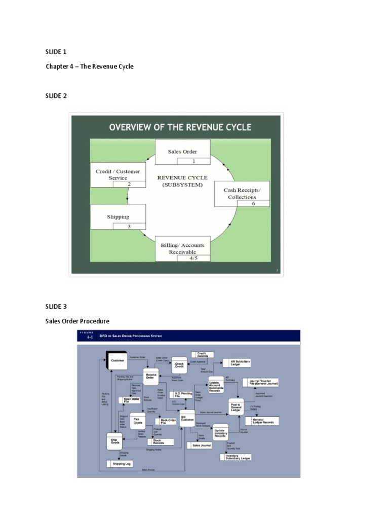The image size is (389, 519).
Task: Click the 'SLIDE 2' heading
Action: [56, 96]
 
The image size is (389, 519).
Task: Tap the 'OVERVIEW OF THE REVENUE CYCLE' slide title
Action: [180, 127]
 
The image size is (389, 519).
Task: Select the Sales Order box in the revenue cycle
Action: [182, 152]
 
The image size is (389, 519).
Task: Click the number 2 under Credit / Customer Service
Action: [129, 184]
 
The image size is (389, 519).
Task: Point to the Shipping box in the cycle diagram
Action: [118, 216]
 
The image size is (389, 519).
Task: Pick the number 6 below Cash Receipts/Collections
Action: [253, 203]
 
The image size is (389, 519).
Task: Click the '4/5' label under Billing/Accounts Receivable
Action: [192, 258]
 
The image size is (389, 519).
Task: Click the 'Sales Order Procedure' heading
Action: [77, 321]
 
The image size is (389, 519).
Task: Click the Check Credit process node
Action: [179, 364]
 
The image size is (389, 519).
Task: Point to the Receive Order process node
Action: [151, 376]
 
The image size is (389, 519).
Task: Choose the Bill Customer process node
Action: [187, 418]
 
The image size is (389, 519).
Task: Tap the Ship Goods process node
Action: [115, 441]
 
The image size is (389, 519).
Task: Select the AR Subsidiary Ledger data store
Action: [238, 363]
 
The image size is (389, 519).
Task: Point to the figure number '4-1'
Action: [90, 337]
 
